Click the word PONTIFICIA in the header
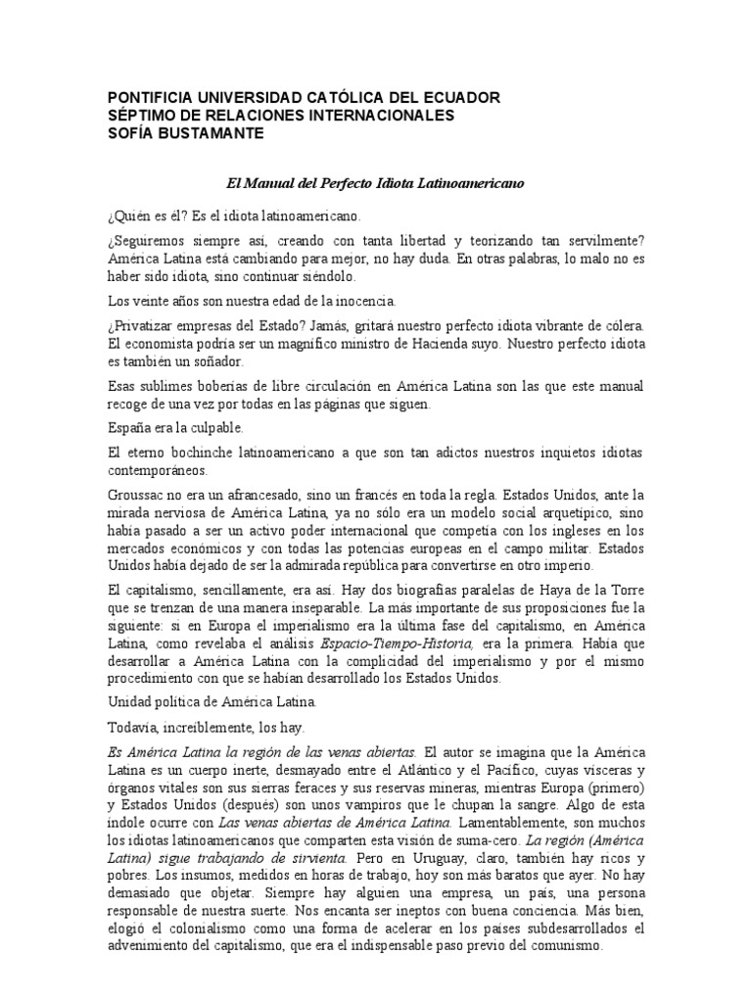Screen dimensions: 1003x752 [x=147, y=98]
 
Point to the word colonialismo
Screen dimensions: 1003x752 [x=202, y=931]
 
